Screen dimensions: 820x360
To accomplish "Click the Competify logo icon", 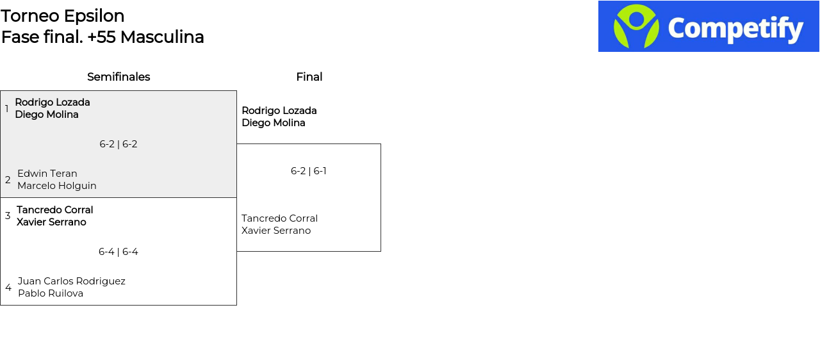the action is (636, 26).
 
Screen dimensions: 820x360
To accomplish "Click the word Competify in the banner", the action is (735, 29).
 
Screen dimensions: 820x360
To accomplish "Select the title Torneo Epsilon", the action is (63, 16).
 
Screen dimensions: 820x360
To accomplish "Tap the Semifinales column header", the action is (119, 77).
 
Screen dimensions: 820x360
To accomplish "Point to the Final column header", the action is (309, 77).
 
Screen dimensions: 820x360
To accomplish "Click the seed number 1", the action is (6, 109).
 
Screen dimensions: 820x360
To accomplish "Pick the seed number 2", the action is (8, 180).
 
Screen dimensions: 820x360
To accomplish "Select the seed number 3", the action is (8, 216).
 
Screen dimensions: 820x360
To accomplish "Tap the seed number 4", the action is (8, 288).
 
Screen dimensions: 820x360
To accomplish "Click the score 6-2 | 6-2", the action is (119, 144).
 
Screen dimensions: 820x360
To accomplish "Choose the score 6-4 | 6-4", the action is (119, 252).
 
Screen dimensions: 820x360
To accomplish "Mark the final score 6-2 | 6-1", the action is (309, 171).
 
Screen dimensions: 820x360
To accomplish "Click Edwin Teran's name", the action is (47, 174).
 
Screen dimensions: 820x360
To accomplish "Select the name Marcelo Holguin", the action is (57, 186).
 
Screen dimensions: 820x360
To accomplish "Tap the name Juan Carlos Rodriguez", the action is (72, 281).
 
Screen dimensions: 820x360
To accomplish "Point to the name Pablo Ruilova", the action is (51, 293).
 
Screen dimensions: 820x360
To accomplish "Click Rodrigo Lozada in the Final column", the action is (279, 110).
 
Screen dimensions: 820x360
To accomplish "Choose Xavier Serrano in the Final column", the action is (276, 231).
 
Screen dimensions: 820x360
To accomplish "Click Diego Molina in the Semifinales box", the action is (47, 115).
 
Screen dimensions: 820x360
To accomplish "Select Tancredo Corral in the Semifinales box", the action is (55, 210).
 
